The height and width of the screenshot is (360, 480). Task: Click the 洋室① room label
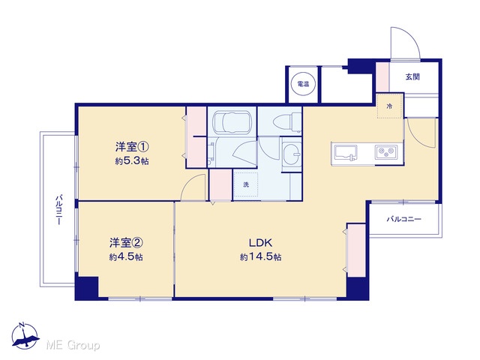132,147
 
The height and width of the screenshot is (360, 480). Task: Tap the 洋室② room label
126,243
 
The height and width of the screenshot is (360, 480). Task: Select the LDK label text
260,243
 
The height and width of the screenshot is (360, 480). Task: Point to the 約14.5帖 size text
260,256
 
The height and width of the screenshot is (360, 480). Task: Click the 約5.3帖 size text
132,161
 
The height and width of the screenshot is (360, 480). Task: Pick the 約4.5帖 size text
126,256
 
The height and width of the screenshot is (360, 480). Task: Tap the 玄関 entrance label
412,76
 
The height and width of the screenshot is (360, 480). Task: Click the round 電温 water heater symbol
303,83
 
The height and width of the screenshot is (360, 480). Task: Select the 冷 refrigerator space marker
389,106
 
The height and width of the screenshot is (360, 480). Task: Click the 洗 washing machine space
246,184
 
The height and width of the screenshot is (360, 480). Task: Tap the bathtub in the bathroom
232,121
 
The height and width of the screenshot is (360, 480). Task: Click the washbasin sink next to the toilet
292,152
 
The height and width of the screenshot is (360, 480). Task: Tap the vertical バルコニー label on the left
58,209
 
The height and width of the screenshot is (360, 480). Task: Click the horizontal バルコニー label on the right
403,219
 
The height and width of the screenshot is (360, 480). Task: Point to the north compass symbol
25,336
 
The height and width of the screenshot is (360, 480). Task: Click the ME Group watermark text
73,345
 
